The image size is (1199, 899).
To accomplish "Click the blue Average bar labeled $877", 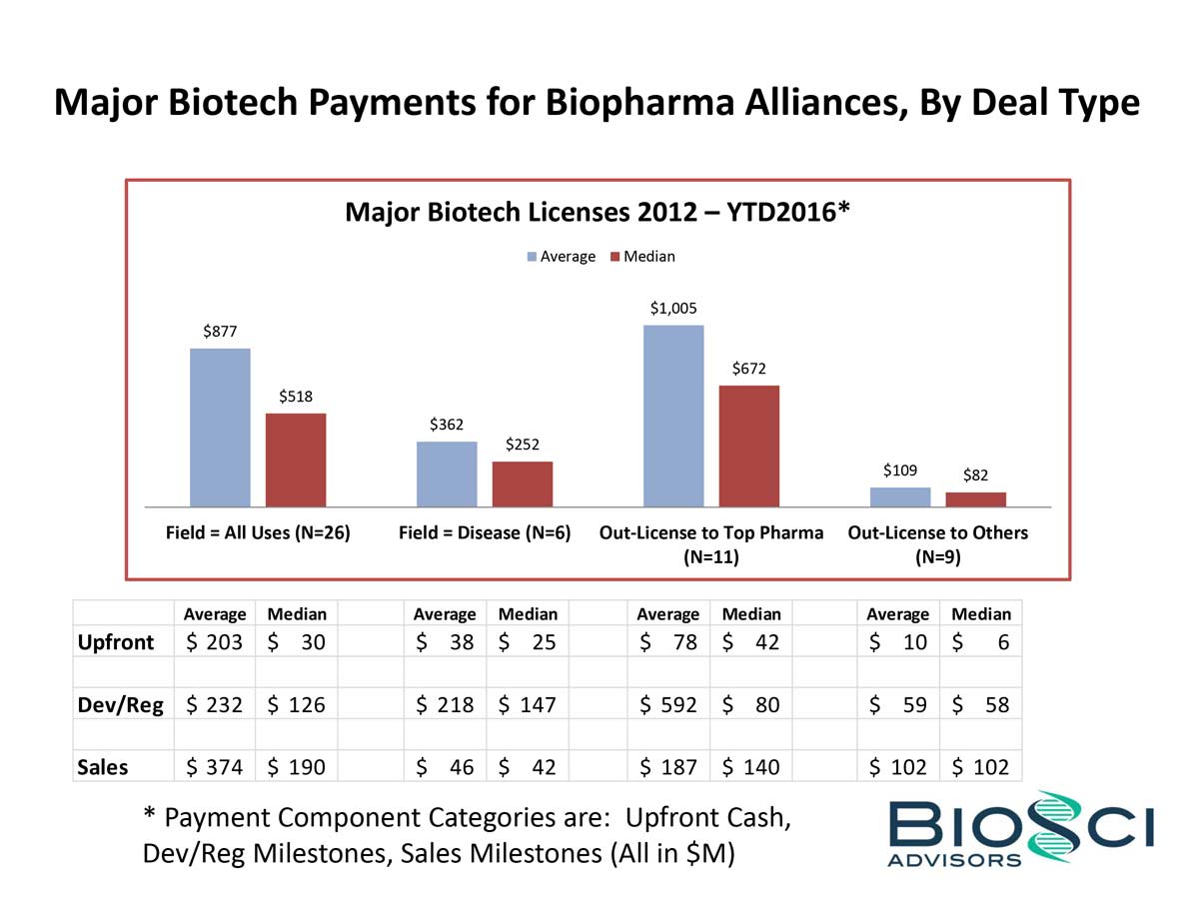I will pyautogui.click(x=220, y=428).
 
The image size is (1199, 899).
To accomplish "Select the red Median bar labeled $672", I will pyautogui.click(x=748, y=446).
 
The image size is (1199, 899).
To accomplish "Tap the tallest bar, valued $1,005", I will pyautogui.click(x=672, y=416).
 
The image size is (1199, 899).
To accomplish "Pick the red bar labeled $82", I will pyautogui.click(x=975, y=499).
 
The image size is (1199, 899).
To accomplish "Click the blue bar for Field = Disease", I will pyautogui.click(x=447, y=473).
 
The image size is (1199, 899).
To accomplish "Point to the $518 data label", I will pyautogui.click(x=295, y=397).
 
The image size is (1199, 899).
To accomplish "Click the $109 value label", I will pyautogui.click(x=900, y=469).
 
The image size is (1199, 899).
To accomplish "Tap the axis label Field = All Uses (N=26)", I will pyautogui.click(x=258, y=533).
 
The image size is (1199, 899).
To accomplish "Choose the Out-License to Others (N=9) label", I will pyautogui.click(x=937, y=544).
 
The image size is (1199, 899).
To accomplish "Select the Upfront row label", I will pyautogui.click(x=116, y=641).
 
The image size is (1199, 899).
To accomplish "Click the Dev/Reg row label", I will pyautogui.click(x=121, y=704).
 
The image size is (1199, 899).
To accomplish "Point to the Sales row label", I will pyautogui.click(x=104, y=766).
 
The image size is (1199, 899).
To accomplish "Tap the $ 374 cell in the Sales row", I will pyautogui.click(x=215, y=766).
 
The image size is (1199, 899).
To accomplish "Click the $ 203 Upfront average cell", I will pyautogui.click(x=215, y=641).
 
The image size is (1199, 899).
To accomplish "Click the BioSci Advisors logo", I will pyautogui.click(x=1019, y=829).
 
